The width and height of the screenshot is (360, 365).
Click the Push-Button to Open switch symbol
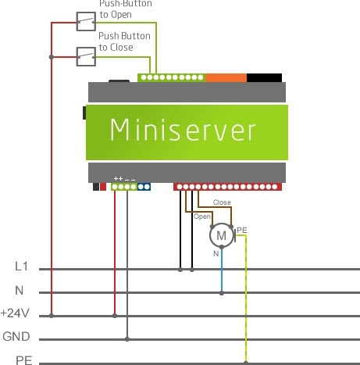click(86, 21)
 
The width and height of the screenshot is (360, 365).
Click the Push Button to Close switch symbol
click(86, 56)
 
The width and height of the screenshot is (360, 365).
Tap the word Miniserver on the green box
click(183, 131)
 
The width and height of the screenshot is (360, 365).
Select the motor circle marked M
click(222, 235)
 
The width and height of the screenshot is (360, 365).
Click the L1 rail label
click(21, 267)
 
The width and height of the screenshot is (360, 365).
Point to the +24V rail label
click(15, 313)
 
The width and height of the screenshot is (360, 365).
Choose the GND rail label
click(16, 336)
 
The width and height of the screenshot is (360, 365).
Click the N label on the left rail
click(20, 290)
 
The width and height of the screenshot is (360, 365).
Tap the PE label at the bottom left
click(24, 360)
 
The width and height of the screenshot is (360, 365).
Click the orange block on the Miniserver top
click(226, 78)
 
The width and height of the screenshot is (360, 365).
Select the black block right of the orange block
click(264, 78)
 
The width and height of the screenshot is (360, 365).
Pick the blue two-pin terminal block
click(144, 187)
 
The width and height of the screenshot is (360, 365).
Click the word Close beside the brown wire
click(222, 202)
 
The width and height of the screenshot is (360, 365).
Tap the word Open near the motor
click(202, 216)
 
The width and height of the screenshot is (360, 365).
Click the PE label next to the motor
click(242, 231)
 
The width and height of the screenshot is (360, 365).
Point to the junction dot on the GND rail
click(127, 339)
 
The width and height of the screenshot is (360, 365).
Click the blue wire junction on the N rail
click(222, 293)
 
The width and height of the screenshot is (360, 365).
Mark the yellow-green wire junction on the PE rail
click(246, 363)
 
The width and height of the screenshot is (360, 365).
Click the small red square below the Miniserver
click(103, 187)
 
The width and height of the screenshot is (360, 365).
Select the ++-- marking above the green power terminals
click(125, 179)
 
